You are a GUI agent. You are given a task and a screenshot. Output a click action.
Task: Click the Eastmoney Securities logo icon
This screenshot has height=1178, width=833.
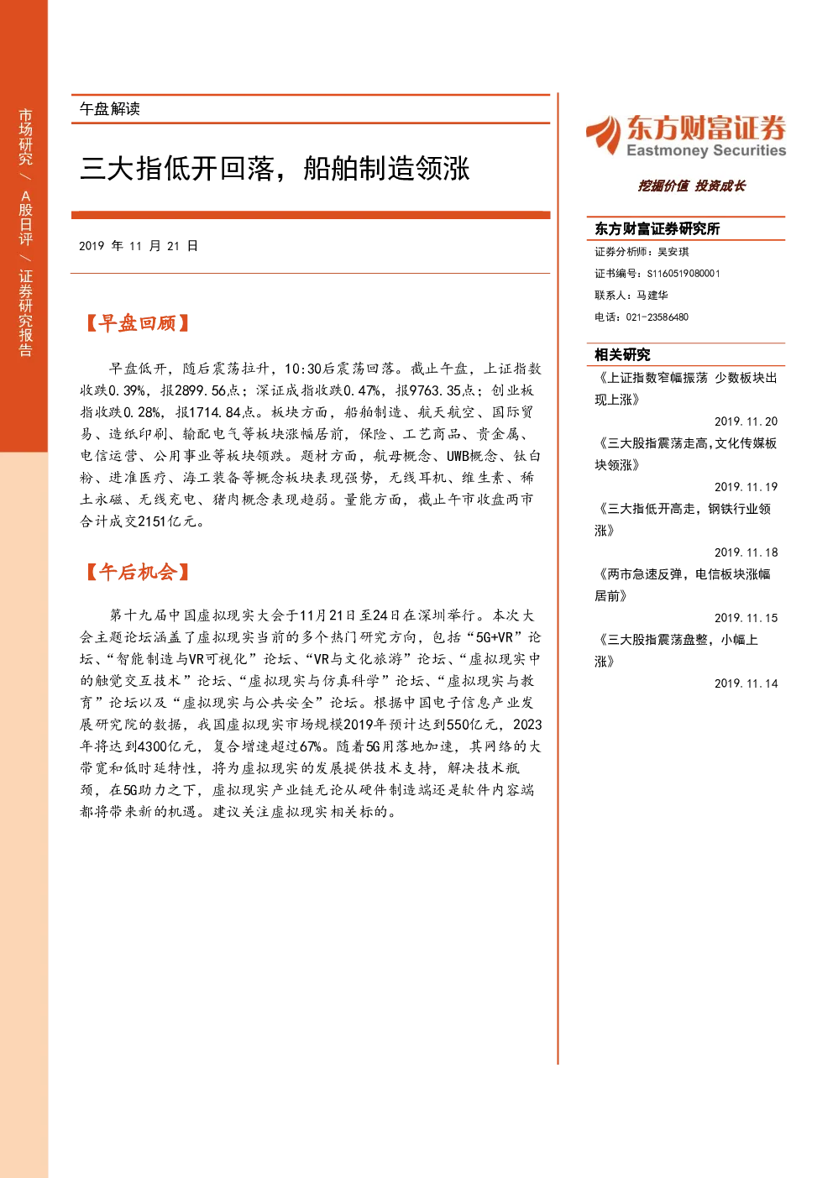coord(604,134)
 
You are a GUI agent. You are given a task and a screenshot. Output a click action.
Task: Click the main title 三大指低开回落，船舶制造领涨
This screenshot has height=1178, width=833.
coord(275,169)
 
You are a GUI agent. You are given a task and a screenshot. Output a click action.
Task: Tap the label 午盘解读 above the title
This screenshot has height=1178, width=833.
coord(109,109)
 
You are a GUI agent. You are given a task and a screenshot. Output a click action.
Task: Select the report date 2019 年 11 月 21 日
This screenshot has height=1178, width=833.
coord(139,246)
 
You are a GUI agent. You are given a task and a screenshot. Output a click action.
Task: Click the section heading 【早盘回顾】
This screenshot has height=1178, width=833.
coord(137,323)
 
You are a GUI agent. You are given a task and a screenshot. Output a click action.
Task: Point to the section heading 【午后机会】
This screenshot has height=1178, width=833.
coord(137,572)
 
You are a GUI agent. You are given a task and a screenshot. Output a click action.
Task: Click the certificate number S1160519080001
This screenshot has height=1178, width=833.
coord(684,274)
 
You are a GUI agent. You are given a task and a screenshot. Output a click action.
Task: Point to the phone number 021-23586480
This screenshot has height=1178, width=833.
coord(657,317)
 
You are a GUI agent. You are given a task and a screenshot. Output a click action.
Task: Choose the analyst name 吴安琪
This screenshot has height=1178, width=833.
coord(673,252)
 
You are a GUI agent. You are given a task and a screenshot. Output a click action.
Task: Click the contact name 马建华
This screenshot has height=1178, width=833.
coord(652,296)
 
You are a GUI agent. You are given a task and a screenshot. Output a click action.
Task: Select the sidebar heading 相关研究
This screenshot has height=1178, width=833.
coord(622,355)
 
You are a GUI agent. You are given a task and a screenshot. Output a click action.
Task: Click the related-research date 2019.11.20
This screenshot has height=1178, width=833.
coord(746,421)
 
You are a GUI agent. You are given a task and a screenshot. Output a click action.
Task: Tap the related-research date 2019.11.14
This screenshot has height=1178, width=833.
coord(746,683)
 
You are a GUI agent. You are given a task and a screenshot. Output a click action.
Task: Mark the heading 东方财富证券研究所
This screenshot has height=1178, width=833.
coord(657,228)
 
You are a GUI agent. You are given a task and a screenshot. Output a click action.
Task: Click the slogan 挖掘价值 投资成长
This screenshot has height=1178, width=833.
coord(692,186)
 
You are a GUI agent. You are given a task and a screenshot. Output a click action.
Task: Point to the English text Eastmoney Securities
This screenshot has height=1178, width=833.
coord(706,150)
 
